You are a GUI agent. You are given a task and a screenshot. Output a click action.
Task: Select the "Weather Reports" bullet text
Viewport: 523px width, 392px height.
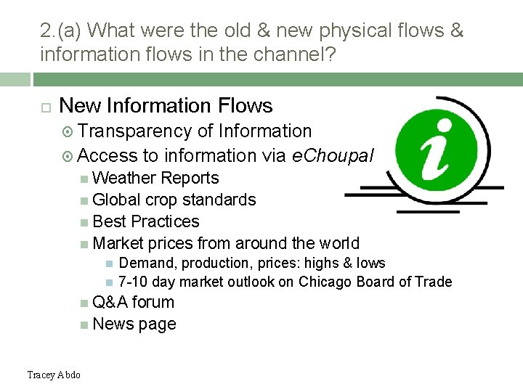[x=155, y=178]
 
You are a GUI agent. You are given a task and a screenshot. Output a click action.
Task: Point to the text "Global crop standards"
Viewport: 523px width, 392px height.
[x=174, y=200]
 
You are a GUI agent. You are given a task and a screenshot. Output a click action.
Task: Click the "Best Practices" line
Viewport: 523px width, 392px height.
[x=146, y=221]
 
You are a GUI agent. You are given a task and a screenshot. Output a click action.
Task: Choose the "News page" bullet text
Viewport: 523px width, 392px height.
[x=134, y=324]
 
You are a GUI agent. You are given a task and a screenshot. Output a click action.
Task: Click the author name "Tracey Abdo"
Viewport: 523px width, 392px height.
[x=54, y=375]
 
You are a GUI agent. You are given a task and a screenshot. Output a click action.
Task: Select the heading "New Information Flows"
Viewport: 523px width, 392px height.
[x=166, y=106]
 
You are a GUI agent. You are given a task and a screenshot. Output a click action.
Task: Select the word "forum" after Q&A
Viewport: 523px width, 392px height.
[x=153, y=302]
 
